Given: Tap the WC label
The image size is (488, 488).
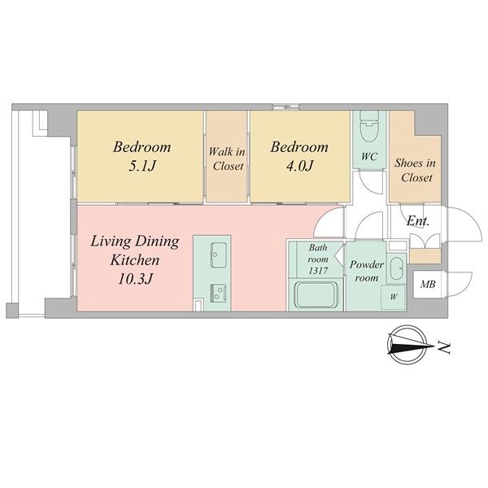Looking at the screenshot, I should (368, 155).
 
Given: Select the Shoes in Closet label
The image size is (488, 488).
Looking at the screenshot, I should (414, 169).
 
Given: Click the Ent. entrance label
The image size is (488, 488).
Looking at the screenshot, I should (418, 221).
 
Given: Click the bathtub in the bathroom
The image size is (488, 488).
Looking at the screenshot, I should (316, 294).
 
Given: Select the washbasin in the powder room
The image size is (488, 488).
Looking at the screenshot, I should (396, 269).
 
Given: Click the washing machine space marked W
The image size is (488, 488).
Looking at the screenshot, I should (393, 297).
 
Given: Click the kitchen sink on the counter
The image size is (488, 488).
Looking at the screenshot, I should (217, 255).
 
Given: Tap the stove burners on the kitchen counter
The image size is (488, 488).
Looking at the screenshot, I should (217, 291).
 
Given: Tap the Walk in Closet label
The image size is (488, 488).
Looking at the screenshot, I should (227, 159).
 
